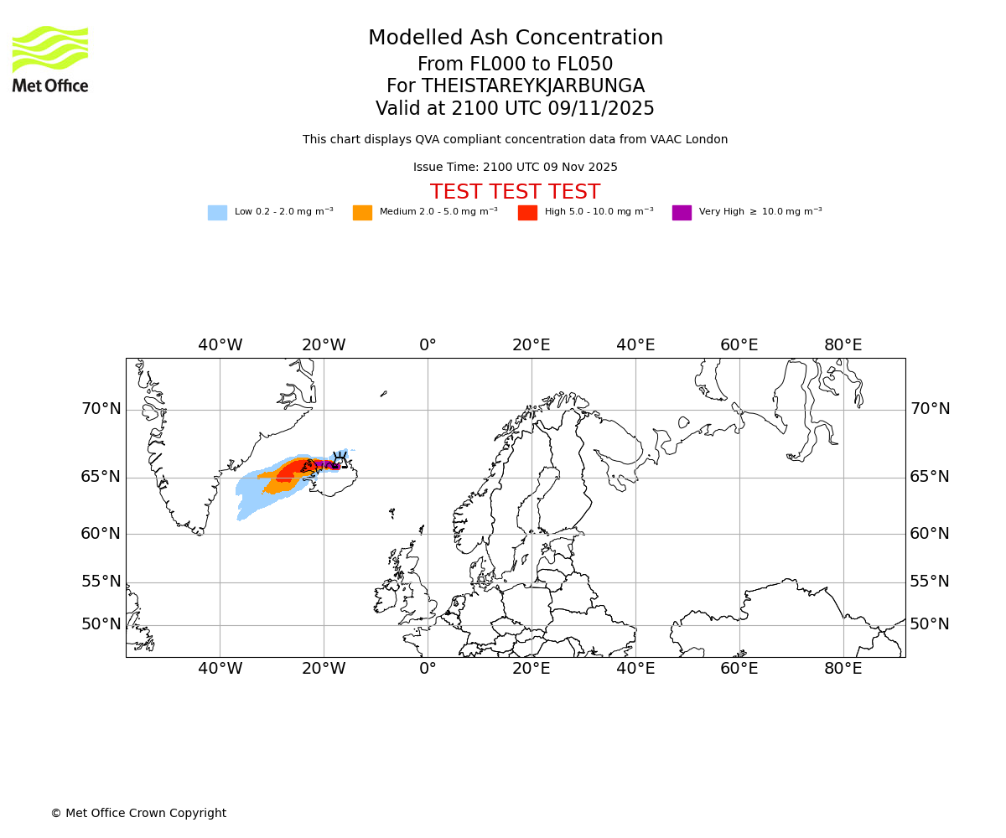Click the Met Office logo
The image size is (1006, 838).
click(x=50, y=59)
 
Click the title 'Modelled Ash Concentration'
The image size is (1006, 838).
click(x=516, y=39)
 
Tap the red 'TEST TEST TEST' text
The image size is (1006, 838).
click(x=515, y=193)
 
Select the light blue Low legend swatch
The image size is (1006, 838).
click(x=217, y=213)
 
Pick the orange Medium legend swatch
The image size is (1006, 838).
click(x=362, y=213)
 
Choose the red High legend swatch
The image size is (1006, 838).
click(x=527, y=213)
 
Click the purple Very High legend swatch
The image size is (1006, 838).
click(x=682, y=213)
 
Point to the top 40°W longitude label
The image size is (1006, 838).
click(x=220, y=345)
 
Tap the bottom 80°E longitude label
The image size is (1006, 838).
click(x=843, y=669)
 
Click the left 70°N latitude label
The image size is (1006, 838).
click(x=101, y=409)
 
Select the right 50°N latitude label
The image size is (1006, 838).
click(x=930, y=624)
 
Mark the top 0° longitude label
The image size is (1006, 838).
click(x=428, y=345)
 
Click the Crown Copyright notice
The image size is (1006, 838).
click(x=138, y=814)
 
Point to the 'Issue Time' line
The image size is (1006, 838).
click(x=515, y=168)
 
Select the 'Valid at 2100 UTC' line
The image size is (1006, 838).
click(x=515, y=109)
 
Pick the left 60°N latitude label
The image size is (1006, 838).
click(x=101, y=534)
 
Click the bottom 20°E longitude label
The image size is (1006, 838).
click(x=532, y=669)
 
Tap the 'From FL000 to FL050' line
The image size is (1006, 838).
click(x=515, y=65)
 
